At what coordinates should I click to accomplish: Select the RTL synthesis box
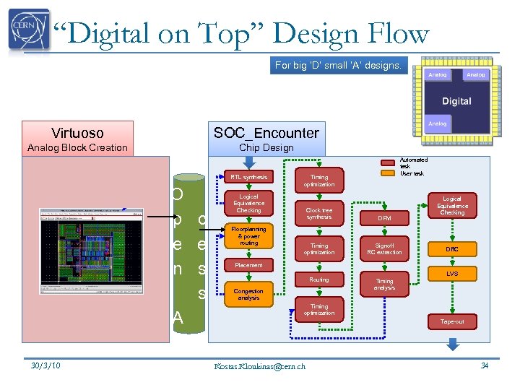(248, 178)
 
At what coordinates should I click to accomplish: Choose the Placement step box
(248, 266)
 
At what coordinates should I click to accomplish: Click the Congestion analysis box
(248, 295)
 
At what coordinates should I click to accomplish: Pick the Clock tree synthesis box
(319, 214)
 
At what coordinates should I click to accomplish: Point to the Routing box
(319, 279)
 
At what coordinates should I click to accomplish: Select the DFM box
(384, 217)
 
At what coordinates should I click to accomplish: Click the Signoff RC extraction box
(384, 249)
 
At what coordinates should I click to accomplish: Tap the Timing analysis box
(384, 285)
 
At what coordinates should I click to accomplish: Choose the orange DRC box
(452, 249)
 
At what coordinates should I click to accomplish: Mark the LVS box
(452, 274)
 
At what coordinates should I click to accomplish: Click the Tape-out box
(452, 321)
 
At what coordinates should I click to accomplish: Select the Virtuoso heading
(77, 133)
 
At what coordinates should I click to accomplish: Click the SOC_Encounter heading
(266, 133)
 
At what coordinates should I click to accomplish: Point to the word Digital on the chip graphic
(456, 101)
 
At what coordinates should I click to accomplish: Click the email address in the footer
(260, 366)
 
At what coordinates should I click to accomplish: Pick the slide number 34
(485, 365)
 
